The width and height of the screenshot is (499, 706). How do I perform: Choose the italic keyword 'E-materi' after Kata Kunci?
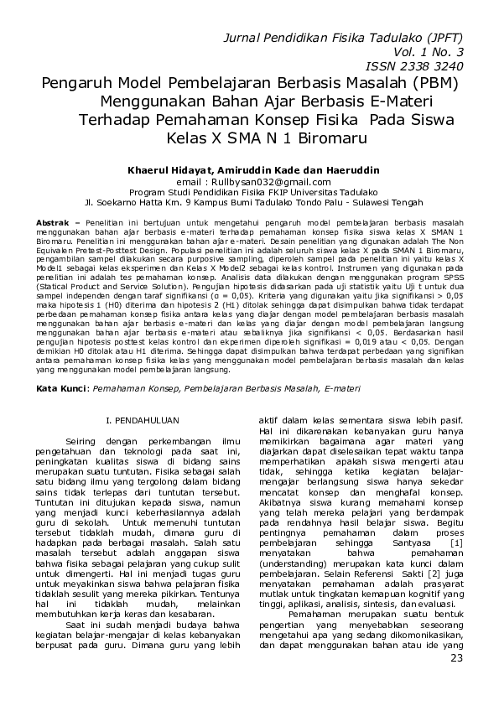[x=344, y=389]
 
